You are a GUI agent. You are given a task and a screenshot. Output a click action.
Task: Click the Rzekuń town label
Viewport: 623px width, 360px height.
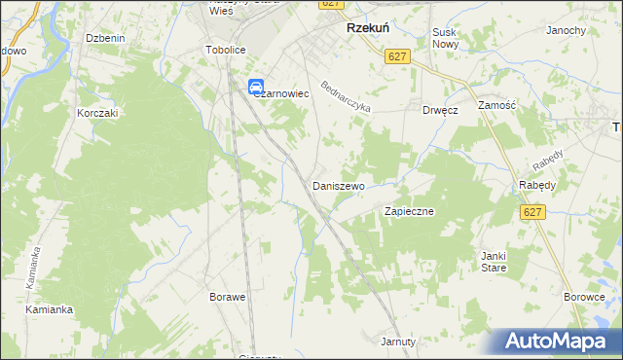tap(369, 29)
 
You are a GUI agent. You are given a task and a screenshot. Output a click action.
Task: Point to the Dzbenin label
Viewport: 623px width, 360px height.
tap(105, 38)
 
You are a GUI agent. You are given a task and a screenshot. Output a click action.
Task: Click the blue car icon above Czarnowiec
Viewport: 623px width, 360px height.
tap(256, 86)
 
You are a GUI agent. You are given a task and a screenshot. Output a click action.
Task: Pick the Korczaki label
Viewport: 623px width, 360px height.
tap(97, 113)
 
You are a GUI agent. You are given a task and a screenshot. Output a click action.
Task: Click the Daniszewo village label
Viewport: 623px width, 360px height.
tap(338, 185)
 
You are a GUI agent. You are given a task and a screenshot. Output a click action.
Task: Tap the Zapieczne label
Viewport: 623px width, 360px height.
tap(409, 210)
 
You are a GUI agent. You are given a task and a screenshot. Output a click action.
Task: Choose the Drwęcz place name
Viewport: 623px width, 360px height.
tap(440, 110)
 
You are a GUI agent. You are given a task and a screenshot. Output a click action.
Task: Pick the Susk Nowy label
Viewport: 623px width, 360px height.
tap(445, 38)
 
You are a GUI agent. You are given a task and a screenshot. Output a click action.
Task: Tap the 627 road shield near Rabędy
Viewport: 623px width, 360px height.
tap(531, 213)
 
